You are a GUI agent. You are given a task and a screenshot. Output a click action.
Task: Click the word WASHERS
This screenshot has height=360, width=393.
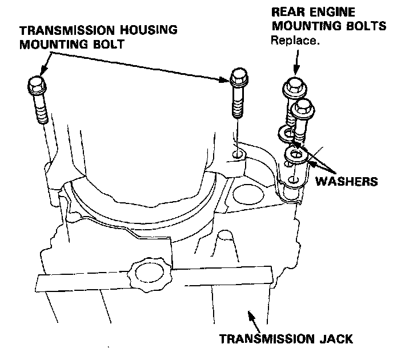(x=348, y=181)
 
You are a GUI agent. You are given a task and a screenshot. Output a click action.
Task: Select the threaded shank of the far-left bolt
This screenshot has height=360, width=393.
(x=40, y=111)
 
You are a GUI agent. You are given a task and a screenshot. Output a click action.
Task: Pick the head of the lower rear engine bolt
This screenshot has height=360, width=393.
(x=303, y=107)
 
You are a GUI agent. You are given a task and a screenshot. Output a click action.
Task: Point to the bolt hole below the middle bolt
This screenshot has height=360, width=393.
(x=238, y=154)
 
